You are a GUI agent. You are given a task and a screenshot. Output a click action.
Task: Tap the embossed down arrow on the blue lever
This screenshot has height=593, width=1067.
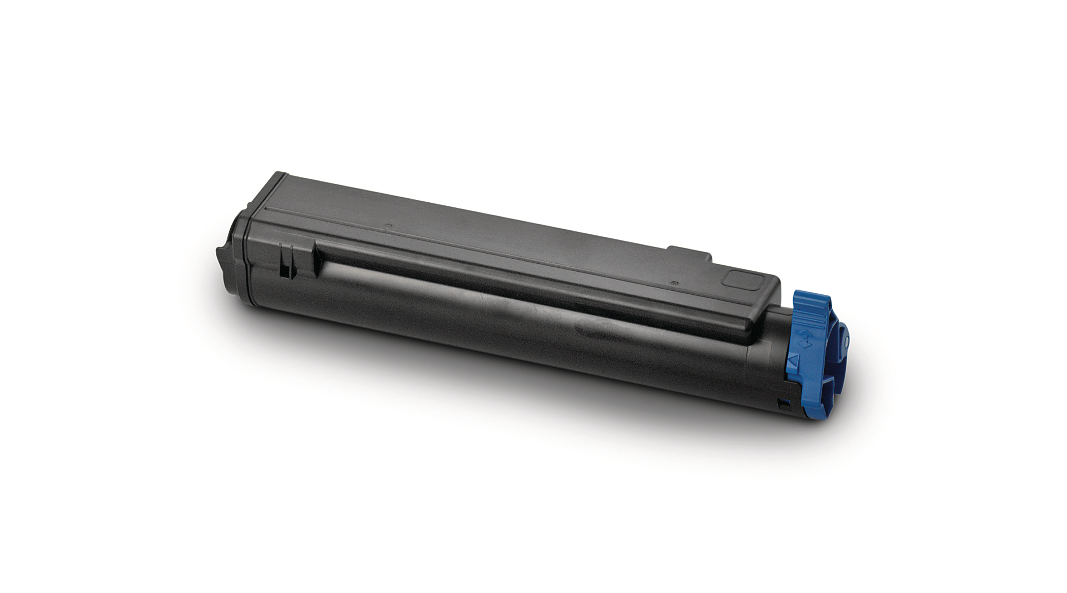pyautogui.click(x=804, y=345)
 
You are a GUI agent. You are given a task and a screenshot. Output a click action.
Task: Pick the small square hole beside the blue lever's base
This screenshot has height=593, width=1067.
pyautogui.click(x=783, y=405)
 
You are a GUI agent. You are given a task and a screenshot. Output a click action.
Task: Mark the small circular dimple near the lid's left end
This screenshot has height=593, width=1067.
pyautogui.click(x=388, y=226)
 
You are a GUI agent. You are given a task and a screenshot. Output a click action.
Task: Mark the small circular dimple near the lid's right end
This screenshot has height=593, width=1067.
pyautogui.click(x=674, y=283)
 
